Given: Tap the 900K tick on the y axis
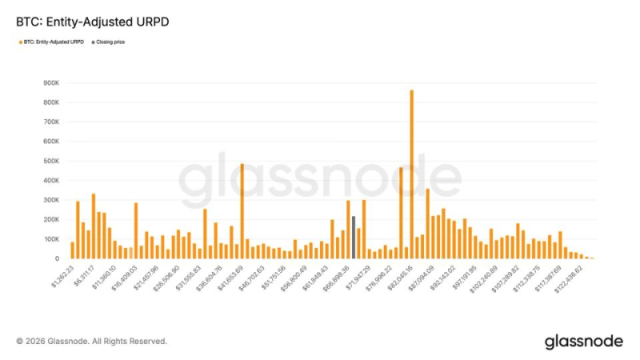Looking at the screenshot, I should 51,82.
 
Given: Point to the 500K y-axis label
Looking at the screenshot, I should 51,161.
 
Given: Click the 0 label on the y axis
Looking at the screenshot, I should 58,258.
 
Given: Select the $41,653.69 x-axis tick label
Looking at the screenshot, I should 230,276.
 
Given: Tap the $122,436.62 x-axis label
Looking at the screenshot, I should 566,277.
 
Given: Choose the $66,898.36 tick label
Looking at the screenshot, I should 335,276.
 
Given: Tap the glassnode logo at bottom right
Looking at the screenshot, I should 583,342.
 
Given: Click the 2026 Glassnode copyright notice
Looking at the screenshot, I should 91,342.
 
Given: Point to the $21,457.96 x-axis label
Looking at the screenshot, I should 146,276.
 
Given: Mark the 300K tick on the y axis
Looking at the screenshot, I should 51,200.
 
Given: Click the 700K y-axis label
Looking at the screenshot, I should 51,122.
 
